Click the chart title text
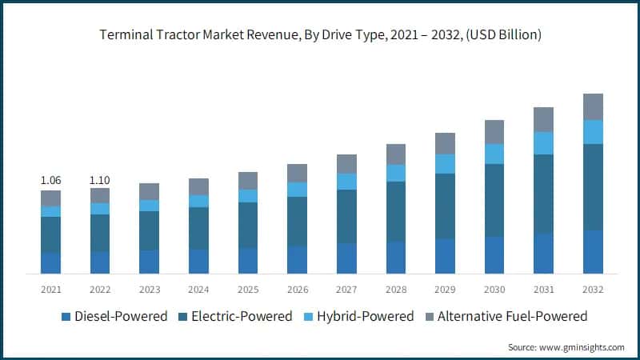pyautogui.click(x=320, y=34)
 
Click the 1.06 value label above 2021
pyautogui.click(x=50, y=181)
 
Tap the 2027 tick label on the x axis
pyautogui.click(x=346, y=289)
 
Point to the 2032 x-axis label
pyautogui.click(x=593, y=289)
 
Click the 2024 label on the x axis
pyautogui.click(x=198, y=289)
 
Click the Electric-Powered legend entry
pyautogui.click(x=238, y=316)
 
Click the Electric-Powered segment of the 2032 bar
pyautogui.click(x=593, y=187)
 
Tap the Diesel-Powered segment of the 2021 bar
pyautogui.click(x=50, y=263)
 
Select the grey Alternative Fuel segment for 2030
pyautogui.click(x=494, y=132)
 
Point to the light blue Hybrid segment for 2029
pyautogui.click(x=445, y=164)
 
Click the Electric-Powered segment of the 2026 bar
pyautogui.click(x=297, y=222)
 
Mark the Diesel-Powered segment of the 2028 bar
pyautogui.click(x=396, y=258)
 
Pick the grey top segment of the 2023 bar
pyautogui.click(x=149, y=191)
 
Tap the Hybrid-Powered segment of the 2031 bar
pyautogui.click(x=544, y=143)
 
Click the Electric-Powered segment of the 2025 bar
pyautogui.click(x=248, y=225)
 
